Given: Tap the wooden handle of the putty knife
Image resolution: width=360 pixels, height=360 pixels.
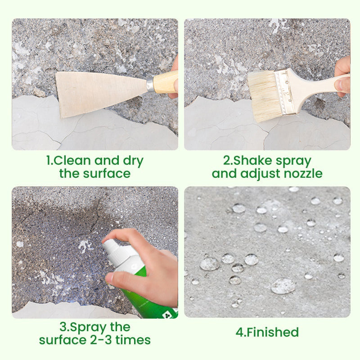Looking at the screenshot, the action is pyautogui.click(x=166, y=82).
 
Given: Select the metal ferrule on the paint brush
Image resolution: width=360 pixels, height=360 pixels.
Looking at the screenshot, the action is pyautogui.click(x=285, y=92).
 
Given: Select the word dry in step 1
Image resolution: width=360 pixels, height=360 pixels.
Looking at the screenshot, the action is pyautogui.click(x=133, y=162).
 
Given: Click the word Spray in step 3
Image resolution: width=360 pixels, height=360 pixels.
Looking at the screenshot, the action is pyautogui.click(x=87, y=328).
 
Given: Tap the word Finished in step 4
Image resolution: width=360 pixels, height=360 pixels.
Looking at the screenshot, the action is pyautogui.click(x=273, y=332).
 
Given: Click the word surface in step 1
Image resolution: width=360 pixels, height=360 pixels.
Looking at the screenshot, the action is pyautogui.click(x=107, y=173).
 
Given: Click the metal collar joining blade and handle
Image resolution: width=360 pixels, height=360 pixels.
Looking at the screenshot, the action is pyautogui.click(x=150, y=85).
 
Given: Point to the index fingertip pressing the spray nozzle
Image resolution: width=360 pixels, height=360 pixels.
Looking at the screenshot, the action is pyautogui.click(x=105, y=240).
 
